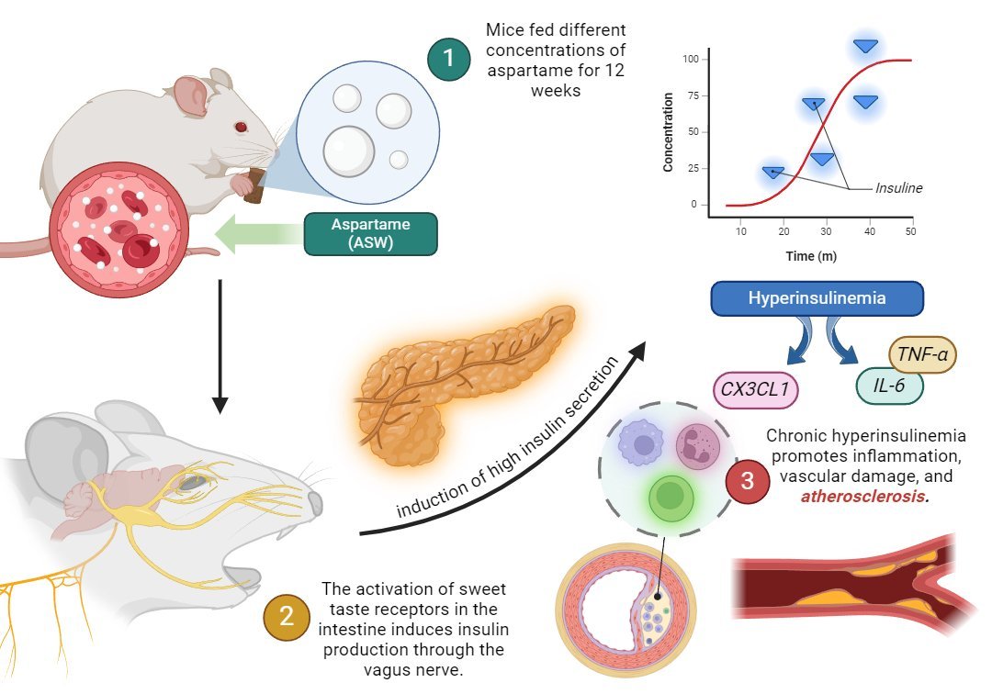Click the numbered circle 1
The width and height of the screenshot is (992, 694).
pyautogui.click(x=448, y=59)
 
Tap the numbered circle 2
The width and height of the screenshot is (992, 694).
pyautogui.click(x=286, y=616)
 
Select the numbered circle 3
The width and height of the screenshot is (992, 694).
pyautogui.click(x=747, y=483)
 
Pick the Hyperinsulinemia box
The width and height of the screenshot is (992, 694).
pyautogui.click(x=816, y=299)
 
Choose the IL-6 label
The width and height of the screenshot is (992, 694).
pyautogui.click(x=889, y=386)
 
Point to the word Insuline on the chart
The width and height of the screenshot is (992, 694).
pyautogui.click(x=898, y=188)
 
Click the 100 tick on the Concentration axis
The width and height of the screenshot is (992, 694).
pyautogui.click(x=691, y=60)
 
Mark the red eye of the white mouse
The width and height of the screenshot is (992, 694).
pyautogui.click(x=241, y=127)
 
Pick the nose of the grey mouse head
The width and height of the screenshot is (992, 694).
pyautogui.click(x=316, y=502)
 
